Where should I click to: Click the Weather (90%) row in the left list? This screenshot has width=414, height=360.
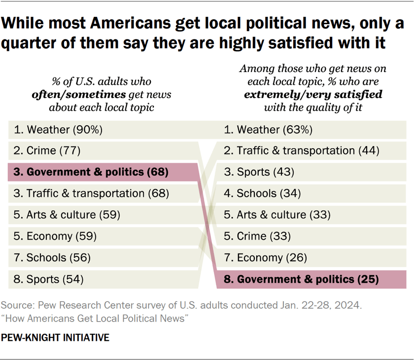coord(58,130)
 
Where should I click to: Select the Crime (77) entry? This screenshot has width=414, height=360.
coord(47,151)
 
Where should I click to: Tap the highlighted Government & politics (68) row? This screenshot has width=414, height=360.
coord(91,172)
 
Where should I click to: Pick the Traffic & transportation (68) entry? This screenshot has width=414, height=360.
coord(91,193)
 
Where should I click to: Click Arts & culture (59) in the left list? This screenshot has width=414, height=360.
coord(67,215)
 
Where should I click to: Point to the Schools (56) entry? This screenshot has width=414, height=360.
coord(52,257)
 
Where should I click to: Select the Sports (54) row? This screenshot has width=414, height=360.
coord(49,279)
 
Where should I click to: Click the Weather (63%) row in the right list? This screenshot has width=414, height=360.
coord(268,130)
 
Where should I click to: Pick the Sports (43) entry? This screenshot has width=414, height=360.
coord(259,172)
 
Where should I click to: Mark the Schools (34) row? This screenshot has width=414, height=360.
coord(262,193)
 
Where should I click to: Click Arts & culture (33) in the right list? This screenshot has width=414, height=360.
coord(277,215)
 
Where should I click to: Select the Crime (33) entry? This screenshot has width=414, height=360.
coord(257,236)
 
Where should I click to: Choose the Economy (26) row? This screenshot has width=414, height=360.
coord(265,257)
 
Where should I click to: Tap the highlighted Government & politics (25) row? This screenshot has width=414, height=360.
coord(301,279)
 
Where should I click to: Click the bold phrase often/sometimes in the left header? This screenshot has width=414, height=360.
coord(81,94)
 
